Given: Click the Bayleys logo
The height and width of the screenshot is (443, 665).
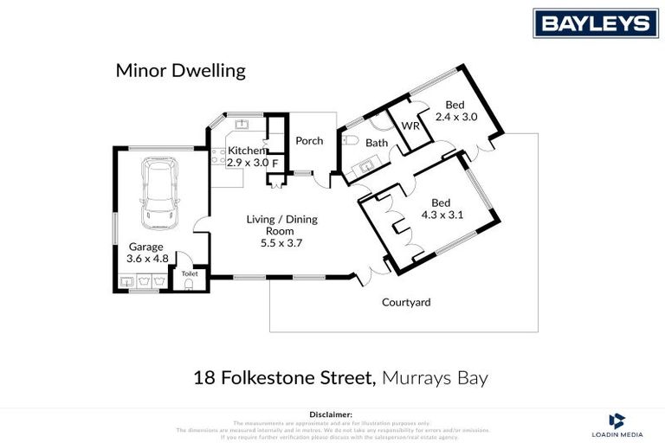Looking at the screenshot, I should tap(595, 22).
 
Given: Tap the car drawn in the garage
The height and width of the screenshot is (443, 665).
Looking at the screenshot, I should tap(159, 192).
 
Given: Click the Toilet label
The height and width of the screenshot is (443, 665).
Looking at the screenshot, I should tap(190, 273).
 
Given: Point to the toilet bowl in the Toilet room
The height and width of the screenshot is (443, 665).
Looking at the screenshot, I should tap(190, 284).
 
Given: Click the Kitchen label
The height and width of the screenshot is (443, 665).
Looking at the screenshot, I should tap(246, 151).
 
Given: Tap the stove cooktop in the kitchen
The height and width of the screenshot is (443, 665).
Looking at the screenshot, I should tap(218, 157).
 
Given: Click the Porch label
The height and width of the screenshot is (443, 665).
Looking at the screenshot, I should tap(309, 141).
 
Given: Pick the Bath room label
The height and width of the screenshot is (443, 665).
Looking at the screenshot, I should tap(377, 143).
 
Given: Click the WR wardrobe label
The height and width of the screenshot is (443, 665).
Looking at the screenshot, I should tap(410, 126).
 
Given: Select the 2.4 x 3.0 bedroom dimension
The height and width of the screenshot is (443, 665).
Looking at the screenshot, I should tap(455, 116).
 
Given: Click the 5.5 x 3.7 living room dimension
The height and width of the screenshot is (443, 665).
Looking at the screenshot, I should tap(281, 243).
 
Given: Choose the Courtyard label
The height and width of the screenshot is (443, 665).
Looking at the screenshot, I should tap(406, 303).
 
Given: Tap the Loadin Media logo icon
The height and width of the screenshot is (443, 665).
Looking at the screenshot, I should tap(617, 421).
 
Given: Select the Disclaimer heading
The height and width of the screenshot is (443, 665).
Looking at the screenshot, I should tap(332, 415).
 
